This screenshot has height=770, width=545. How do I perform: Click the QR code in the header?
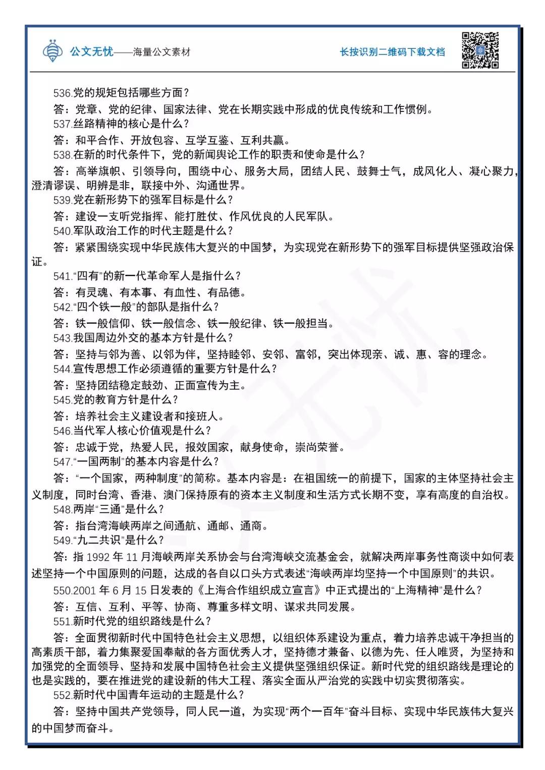[x=480, y=50]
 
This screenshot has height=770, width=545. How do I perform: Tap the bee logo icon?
[x=53, y=50]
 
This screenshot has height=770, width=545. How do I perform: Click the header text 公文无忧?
[x=91, y=51]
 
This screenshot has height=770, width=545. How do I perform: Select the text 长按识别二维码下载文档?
[x=392, y=52]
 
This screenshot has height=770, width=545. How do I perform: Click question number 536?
[x=63, y=93]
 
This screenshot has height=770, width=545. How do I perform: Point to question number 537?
[x=63, y=124]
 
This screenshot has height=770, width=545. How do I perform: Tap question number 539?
[x=63, y=200]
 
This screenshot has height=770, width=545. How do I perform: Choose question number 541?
[x=63, y=276]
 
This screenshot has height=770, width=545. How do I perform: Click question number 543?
[x=63, y=338]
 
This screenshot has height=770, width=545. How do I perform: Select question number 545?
[x=63, y=400]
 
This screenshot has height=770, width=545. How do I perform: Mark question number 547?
[x=63, y=462]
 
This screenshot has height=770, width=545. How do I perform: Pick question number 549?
[x=63, y=541]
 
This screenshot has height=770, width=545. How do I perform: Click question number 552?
[x=63, y=695]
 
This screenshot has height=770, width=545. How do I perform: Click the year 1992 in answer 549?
[x=98, y=557]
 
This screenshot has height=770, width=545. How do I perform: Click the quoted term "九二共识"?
[x=98, y=541]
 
